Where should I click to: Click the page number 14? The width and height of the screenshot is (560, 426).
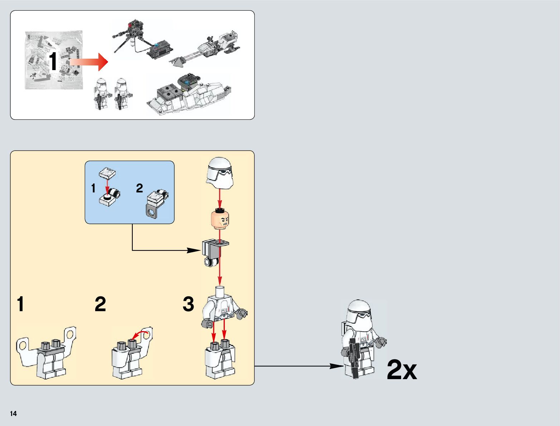[x=13, y=413]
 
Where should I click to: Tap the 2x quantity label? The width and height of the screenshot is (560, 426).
[x=402, y=370]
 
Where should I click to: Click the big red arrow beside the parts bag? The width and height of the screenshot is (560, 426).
[x=89, y=62]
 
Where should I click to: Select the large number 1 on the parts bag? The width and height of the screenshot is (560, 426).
[x=53, y=62]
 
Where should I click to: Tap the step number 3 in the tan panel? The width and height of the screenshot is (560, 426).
[x=188, y=304]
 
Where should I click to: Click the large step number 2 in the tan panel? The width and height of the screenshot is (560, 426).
[x=100, y=304]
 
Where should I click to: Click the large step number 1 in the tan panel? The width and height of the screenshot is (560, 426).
[x=20, y=304]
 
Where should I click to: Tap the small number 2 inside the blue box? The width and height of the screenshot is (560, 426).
[x=139, y=188]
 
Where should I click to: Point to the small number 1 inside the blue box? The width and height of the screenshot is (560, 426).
[x=93, y=188]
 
